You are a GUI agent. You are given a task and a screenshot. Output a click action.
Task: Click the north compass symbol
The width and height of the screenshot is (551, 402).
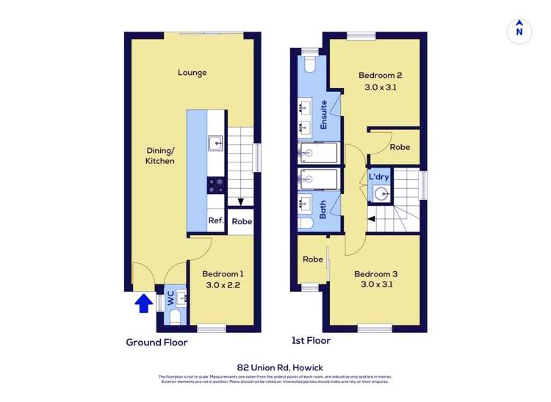pyautogui.click(x=519, y=30)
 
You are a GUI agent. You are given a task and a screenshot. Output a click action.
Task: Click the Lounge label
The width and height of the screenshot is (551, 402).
pyautogui.click(x=192, y=73)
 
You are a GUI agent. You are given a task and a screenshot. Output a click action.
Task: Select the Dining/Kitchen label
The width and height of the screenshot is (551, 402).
pyautogui.click(x=159, y=156)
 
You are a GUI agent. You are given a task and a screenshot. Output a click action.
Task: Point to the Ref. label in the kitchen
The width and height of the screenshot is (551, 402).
pyautogui.click(x=215, y=220)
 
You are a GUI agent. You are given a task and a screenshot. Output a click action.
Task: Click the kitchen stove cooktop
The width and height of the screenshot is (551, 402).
pyautogui.click(x=216, y=184)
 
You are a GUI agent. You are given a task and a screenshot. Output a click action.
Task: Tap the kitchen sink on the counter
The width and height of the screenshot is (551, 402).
pyautogui.click(x=215, y=143)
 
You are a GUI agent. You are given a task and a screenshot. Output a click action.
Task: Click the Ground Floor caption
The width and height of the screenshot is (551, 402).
pyautogui.click(x=156, y=342)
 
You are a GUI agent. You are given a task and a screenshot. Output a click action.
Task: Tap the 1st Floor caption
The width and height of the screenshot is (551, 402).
pyautogui.click(x=311, y=340)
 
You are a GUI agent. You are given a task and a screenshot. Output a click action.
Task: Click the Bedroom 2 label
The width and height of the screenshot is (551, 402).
pyautogui.click(x=380, y=75)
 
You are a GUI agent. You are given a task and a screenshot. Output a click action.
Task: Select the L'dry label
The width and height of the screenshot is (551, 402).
pyautogui.click(x=378, y=178)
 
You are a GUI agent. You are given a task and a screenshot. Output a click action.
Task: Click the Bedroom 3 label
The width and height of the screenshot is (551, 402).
pyautogui.click(x=375, y=275)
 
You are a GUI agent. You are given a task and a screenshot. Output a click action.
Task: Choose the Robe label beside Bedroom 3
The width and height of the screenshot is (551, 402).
pyautogui.click(x=313, y=259)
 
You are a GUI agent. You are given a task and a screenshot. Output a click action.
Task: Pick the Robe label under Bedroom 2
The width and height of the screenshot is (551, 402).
pyautogui.click(x=400, y=147)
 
